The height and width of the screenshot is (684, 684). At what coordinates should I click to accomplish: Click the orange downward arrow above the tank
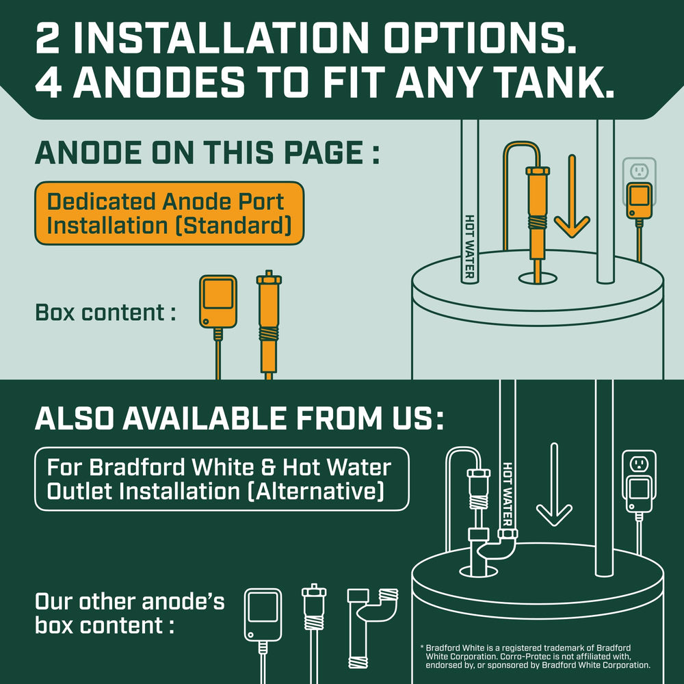572,196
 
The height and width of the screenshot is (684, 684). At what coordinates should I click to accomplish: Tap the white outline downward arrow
554,484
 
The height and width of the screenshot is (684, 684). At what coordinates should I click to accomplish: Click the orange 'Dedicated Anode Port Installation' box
169,213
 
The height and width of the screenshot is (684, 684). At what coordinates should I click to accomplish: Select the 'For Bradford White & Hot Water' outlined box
222,479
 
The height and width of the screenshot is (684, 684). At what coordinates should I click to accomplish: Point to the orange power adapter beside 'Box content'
218,301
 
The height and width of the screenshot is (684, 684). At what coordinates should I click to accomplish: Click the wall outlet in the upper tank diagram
640,171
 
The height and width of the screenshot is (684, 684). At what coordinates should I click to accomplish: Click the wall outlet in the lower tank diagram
640,464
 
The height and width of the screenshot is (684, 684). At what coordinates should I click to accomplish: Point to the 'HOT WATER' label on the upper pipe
469,246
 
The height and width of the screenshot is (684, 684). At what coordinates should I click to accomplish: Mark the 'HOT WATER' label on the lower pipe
508,495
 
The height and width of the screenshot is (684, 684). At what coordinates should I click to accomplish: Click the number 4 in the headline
49,83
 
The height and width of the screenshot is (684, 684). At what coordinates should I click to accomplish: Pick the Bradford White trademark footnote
535,657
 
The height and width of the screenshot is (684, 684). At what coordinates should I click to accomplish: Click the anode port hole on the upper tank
538,278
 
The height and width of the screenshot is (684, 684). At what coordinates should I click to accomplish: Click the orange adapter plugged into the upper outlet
640,200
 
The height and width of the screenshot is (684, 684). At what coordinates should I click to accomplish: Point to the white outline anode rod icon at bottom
314,633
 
